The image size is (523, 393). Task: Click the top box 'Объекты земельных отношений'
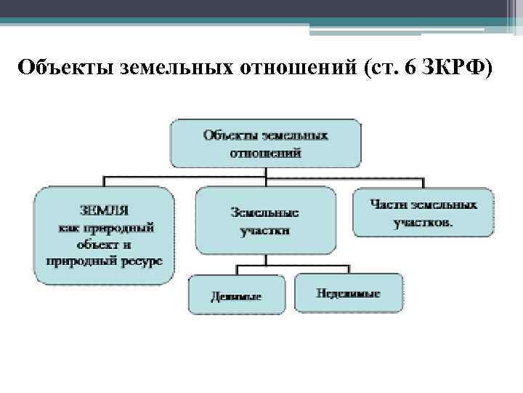(265, 143)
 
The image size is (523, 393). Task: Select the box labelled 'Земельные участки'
(265, 221)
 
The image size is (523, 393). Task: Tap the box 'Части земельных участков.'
(423, 213)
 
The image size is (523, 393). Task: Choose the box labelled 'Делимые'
(237, 294)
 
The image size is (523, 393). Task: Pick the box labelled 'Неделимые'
(349, 293)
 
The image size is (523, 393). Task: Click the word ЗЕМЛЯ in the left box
(104, 211)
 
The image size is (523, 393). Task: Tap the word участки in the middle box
(265, 230)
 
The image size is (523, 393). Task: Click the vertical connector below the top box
(266, 174)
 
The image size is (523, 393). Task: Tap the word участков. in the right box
(423, 223)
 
